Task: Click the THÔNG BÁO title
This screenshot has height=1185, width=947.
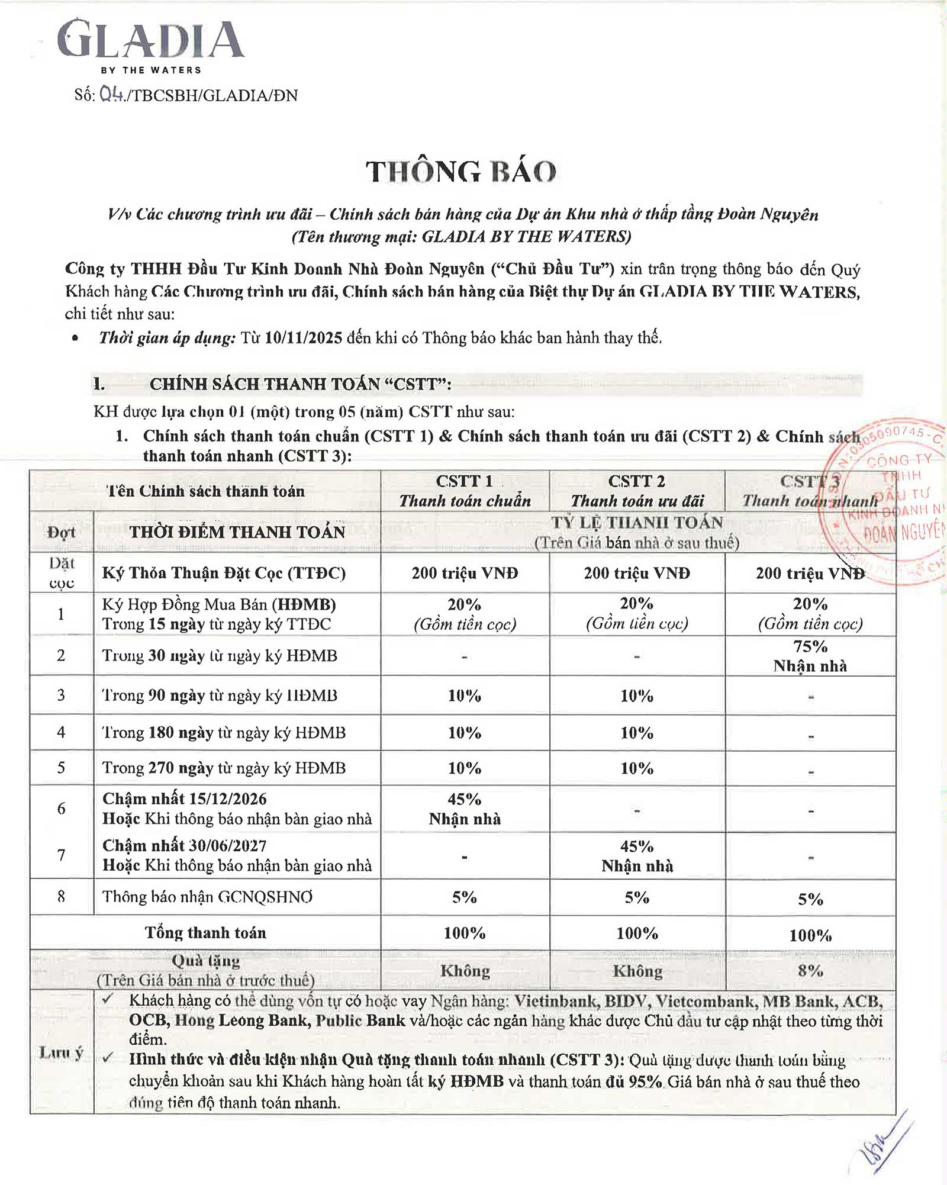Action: (461, 172)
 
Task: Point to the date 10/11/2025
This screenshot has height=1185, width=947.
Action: (304, 338)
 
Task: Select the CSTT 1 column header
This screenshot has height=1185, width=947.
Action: (465, 491)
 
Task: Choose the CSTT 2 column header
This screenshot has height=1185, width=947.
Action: (637, 491)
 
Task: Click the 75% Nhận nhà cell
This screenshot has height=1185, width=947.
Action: (810, 656)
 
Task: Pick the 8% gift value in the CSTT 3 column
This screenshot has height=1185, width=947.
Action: (810, 971)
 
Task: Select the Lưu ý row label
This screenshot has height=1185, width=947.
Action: (62, 1052)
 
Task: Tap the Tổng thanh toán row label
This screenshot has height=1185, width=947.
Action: (205, 933)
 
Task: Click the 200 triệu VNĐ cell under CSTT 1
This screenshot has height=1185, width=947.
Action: (465, 573)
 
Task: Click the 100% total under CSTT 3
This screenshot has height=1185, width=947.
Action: (810, 935)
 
